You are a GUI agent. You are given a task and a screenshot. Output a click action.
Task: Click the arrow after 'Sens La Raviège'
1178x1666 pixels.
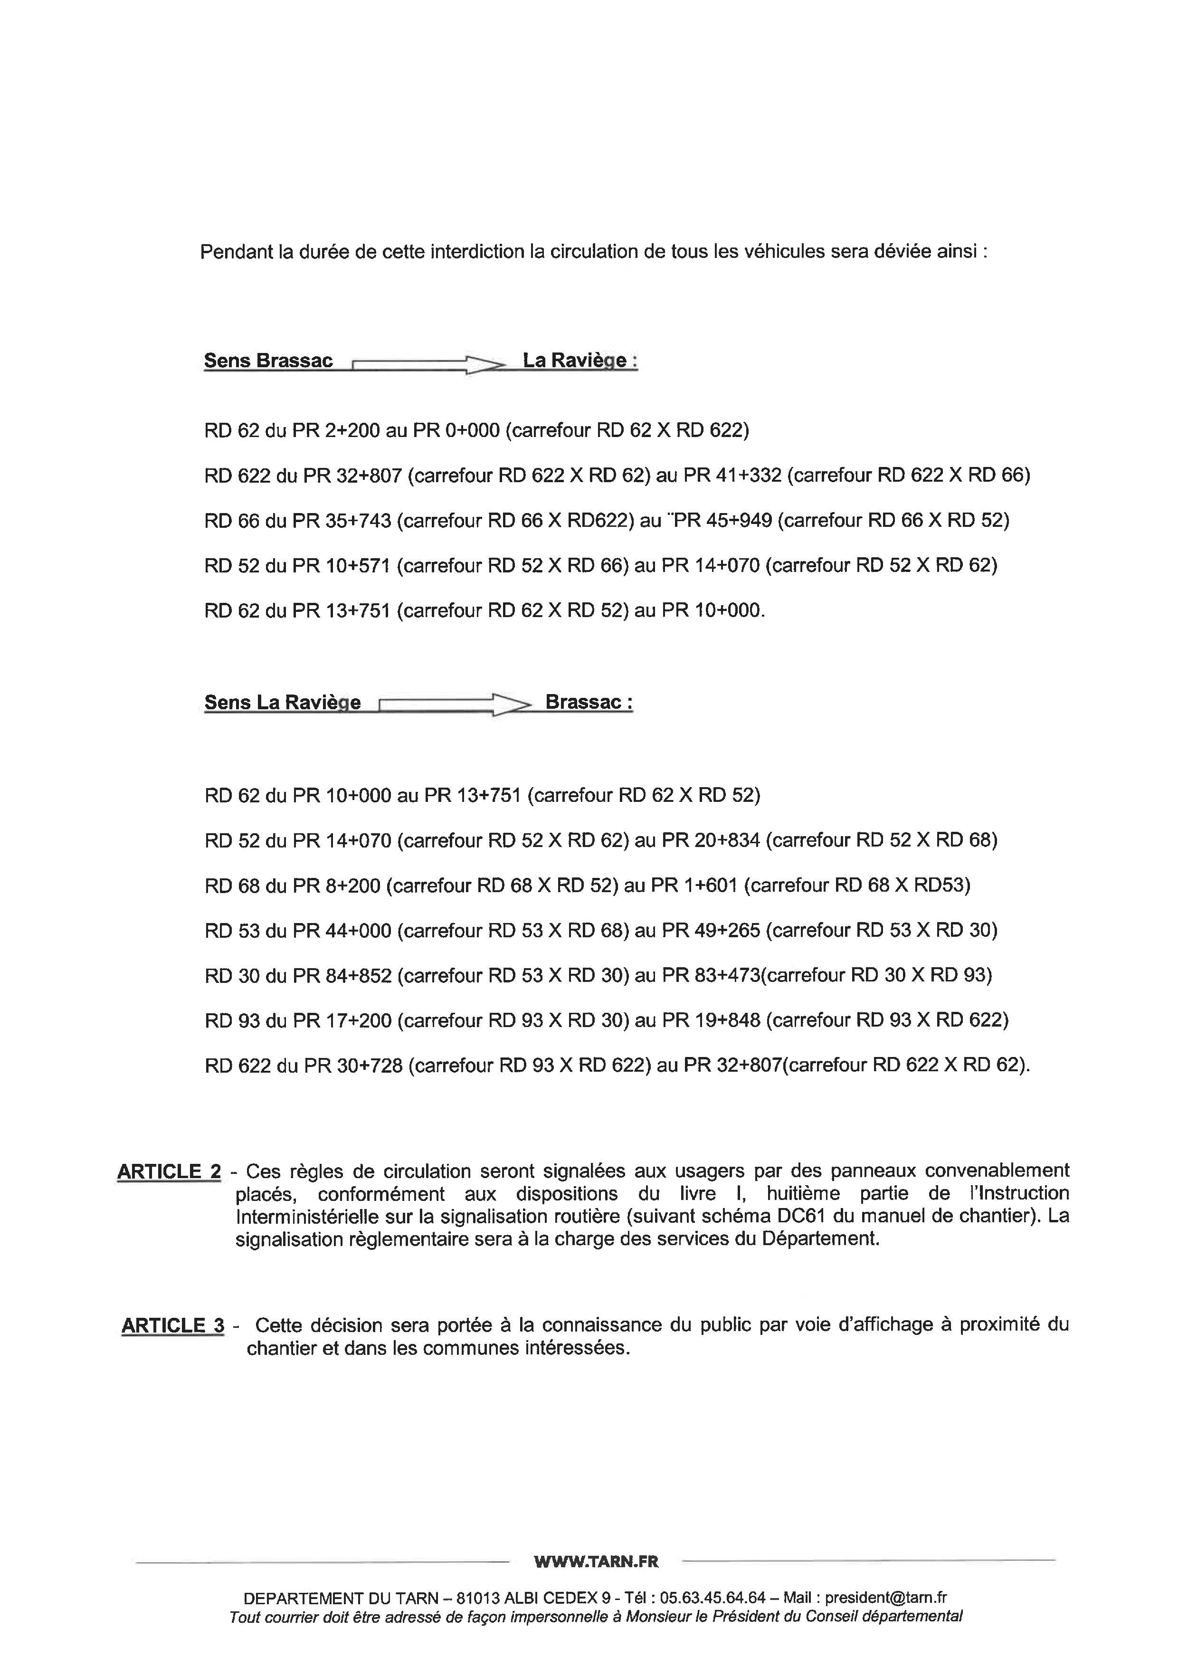(454, 704)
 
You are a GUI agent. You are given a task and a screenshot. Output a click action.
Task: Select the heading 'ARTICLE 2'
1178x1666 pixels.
(169, 1172)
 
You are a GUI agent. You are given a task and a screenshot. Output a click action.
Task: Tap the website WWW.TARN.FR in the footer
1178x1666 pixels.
(596, 1561)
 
